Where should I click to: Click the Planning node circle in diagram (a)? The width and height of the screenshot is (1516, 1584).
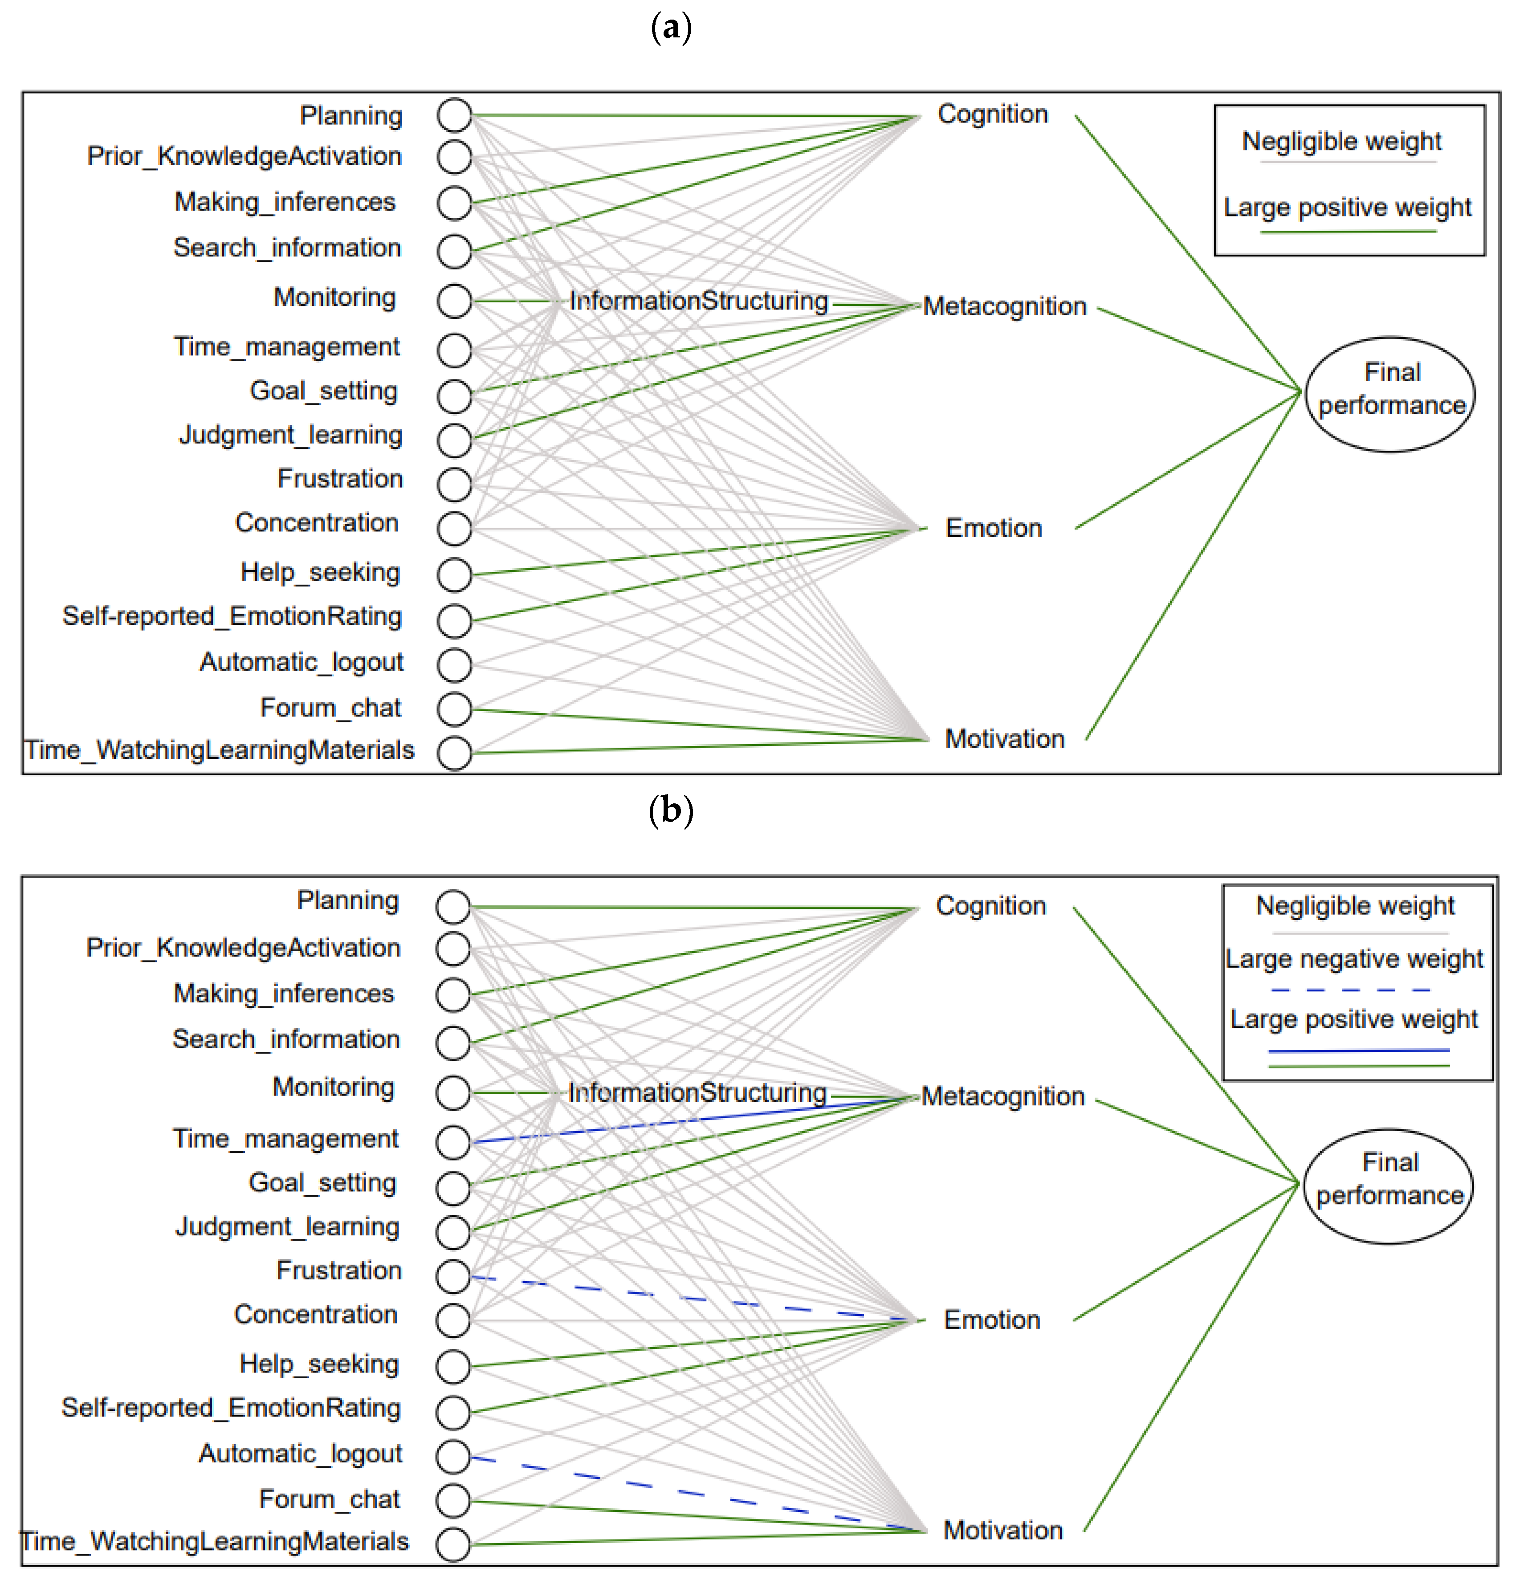click(x=454, y=116)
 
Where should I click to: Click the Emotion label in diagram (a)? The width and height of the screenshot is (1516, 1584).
click(x=994, y=529)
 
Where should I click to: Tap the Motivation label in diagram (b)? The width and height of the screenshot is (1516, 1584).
click(x=1003, y=1530)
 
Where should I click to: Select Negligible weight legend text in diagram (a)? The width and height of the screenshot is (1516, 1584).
click(x=1341, y=142)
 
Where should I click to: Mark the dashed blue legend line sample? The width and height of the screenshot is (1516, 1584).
click(x=1351, y=990)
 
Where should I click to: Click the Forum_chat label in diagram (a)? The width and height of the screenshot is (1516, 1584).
click(x=330, y=708)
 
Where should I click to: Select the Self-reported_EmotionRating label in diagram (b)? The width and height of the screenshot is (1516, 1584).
click(x=231, y=1408)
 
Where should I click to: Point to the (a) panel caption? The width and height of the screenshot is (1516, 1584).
click(x=671, y=29)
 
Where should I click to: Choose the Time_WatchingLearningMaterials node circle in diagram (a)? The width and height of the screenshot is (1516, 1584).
click(x=454, y=753)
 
